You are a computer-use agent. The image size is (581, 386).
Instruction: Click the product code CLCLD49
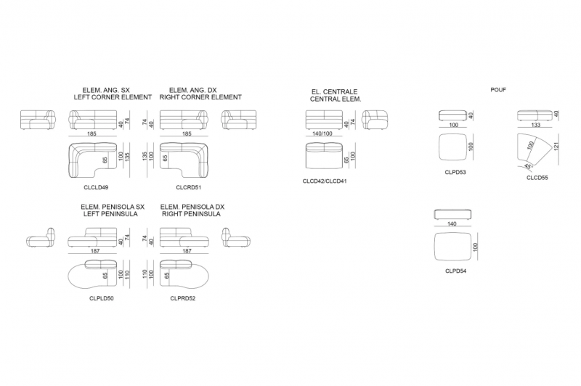pyautogui.click(x=96, y=188)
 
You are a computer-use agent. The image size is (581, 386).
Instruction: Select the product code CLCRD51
pyautogui.click(x=188, y=188)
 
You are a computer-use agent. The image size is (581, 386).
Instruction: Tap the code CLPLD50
pyautogui.click(x=102, y=298)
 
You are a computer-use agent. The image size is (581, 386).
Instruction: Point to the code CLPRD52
pyautogui.click(x=183, y=298)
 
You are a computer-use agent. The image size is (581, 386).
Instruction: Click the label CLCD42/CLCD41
pyautogui.click(x=325, y=181)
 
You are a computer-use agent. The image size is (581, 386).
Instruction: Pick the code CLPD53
pyautogui.click(x=455, y=173)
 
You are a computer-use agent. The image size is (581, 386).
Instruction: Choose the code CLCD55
pyautogui.click(x=537, y=178)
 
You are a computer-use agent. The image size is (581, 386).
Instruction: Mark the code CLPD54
pyautogui.click(x=456, y=271)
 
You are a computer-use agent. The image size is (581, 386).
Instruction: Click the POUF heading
pyautogui.click(x=498, y=90)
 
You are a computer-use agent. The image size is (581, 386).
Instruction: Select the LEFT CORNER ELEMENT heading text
pyautogui.click(x=113, y=97)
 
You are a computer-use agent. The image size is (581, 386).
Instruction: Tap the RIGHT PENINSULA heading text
pyautogui.click(x=191, y=214)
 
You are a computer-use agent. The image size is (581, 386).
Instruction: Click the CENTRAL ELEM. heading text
pyautogui.click(x=336, y=99)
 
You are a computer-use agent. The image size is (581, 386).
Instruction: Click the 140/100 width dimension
pyautogui.click(x=322, y=134)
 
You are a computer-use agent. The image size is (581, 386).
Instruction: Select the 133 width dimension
pyautogui.click(x=536, y=125)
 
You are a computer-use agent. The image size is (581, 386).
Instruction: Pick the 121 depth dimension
pyautogui.click(x=556, y=146)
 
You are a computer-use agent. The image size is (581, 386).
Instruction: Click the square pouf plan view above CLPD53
pyautogui.click(x=452, y=147)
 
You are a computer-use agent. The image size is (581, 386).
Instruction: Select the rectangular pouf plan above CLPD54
pyautogui.click(x=452, y=246)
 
